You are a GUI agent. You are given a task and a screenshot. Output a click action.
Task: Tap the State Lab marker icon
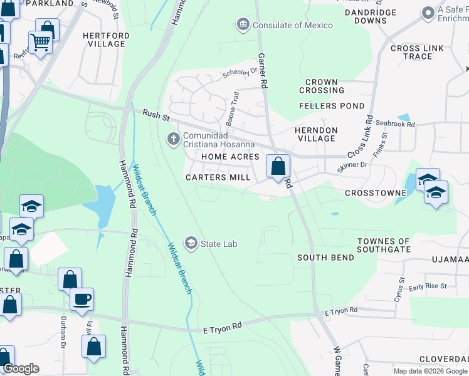click(191, 243)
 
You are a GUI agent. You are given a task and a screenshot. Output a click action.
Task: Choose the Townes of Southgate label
click(383, 245)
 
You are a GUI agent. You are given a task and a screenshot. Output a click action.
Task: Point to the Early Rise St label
click(427, 286)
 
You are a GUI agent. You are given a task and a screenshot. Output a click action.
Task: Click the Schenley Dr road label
click(240, 73)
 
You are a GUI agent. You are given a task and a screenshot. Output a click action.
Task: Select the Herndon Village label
click(316, 134)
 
